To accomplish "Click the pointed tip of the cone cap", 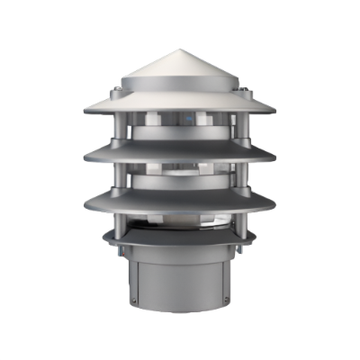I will tap(180, 49).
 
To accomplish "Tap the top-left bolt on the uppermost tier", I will tap(118, 92).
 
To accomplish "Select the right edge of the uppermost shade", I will tap(274, 111).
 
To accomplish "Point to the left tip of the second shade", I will tap(85, 158).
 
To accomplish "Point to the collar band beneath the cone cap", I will tap(180, 91).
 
